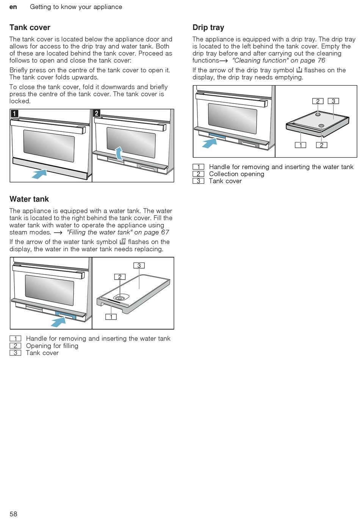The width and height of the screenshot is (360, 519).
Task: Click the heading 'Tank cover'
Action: pyautogui.click(x=30, y=28)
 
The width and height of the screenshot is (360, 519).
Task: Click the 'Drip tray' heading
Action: pyautogui.click(x=208, y=28)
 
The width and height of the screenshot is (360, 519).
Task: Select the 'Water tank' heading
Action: pyautogui.click(x=29, y=199)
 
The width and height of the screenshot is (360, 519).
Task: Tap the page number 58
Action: pyautogui.click(x=13, y=514)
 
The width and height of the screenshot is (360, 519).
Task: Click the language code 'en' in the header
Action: pyautogui.click(x=13, y=7)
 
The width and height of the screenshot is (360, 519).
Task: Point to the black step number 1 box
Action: pyautogui.click(x=14, y=113)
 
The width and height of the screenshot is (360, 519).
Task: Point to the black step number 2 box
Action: pyautogui.click(x=97, y=113)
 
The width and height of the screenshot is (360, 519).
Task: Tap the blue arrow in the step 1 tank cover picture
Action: pyautogui.click(x=39, y=174)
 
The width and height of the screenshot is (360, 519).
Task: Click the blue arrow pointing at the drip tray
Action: pyautogui.click(x=210, y=142)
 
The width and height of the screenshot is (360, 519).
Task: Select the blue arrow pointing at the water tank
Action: pyautogui.click(x=58, y=322)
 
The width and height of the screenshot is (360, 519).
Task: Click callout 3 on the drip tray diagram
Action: pyautogui.click(x=333, y=101)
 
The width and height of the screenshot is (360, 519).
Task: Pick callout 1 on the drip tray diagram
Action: pyautogui.click(x=301, y=145)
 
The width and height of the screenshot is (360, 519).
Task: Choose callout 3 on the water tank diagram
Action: pyautogui.click(x=139, y=266)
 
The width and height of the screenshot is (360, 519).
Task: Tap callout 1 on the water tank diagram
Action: pyautogui.click(x=111, y=317)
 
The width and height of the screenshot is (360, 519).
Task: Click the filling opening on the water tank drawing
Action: pyautogui.click(x=120, y=298)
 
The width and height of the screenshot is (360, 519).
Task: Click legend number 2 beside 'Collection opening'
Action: pyautogui.click(x=198, y=174)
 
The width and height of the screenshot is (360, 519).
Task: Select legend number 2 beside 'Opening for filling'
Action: pyautogui.click(x=15, y=345)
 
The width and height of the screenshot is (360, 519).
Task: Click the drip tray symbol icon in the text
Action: pyautogui.click(x=299, y=70)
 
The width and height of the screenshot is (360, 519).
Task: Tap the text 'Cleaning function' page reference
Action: pyautogui.click(x=279, y=61)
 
